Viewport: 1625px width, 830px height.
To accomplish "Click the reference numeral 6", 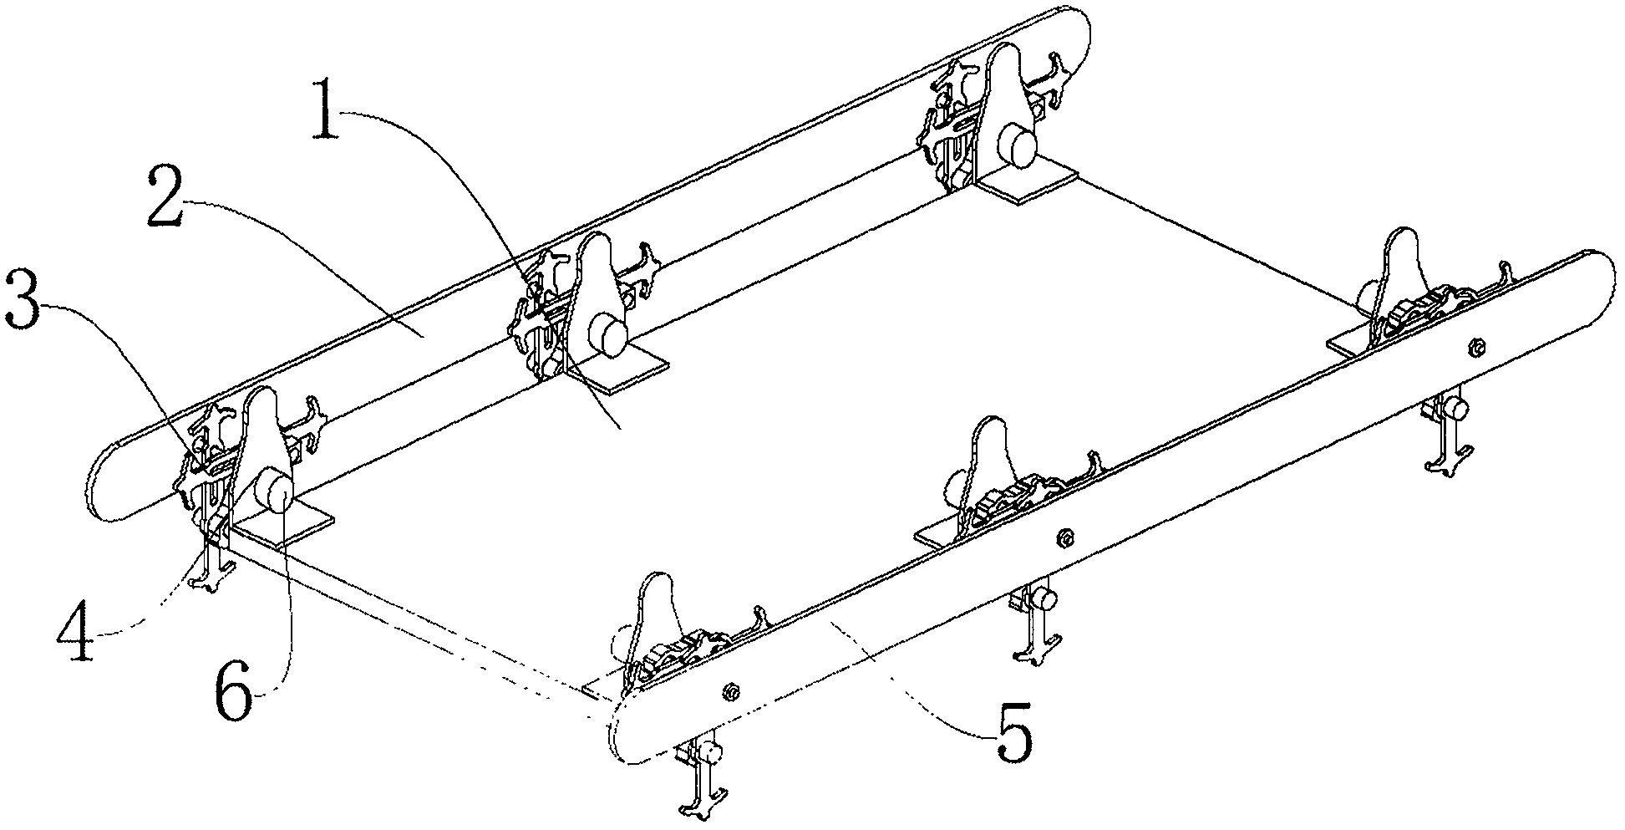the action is (235, 688).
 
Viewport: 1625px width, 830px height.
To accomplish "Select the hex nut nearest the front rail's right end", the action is (1476, 346).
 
